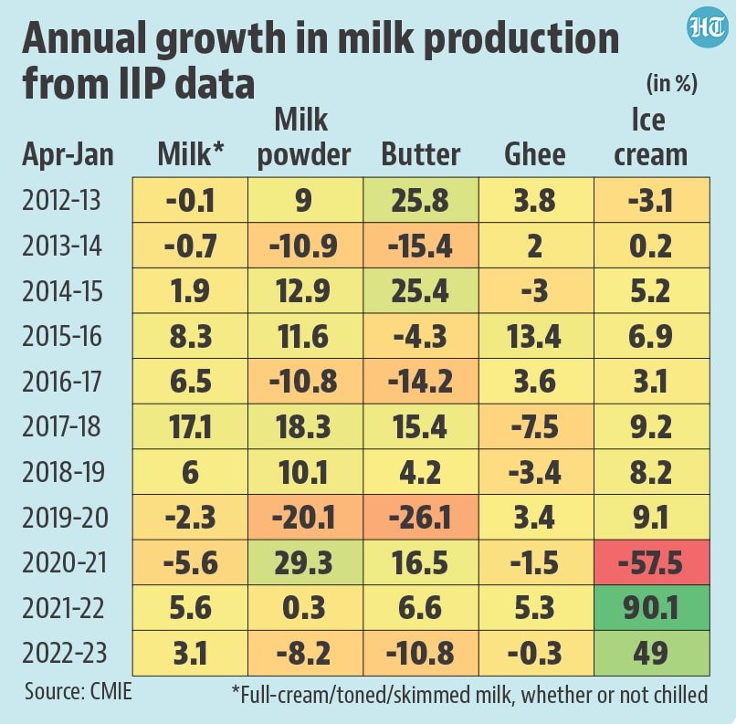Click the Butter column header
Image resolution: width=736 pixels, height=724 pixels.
point(420,154)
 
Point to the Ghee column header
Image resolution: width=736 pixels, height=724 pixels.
point(534,154)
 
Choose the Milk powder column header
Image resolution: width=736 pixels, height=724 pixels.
point(304,137)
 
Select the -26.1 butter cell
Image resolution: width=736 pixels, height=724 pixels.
point(420,518)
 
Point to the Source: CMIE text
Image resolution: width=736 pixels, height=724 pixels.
point(79,691)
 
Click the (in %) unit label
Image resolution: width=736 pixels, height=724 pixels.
point(671,84)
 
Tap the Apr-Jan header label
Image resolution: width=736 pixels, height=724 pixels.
point(68,154)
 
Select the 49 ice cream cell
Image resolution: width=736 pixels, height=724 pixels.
point(649,654)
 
